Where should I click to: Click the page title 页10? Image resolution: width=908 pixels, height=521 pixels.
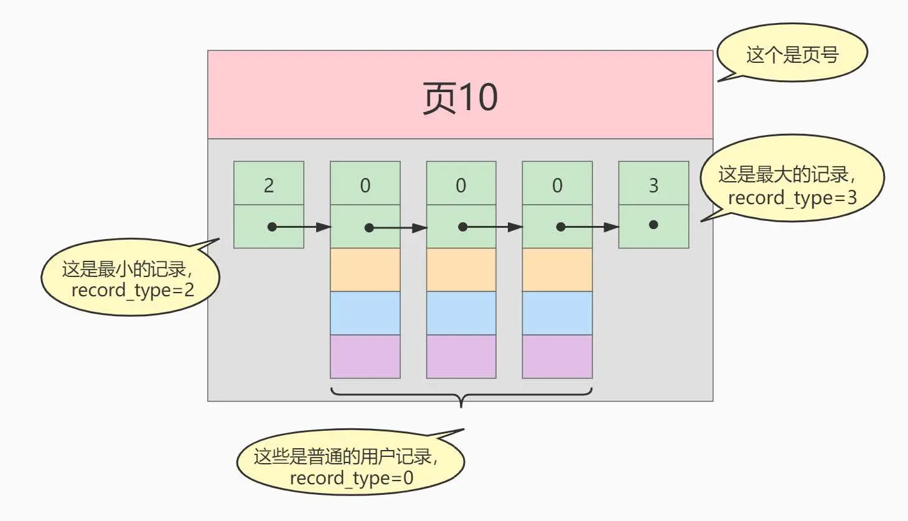pyautogui.click(x=460, y=97)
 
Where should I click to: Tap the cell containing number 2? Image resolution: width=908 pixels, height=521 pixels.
pyautogui.click(x=269, y=184)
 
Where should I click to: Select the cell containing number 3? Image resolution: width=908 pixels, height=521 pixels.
pyautogui.click(x=653, y=184)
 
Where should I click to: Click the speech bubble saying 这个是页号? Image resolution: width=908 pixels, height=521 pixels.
pyautogui.click(x=792, y=54)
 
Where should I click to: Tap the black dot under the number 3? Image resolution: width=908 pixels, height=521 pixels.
pyautogui.click(x=653, y=225)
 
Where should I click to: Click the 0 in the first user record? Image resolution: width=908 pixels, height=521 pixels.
pyautogui.click(x=365, y=185)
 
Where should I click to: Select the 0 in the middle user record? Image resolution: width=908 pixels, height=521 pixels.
pyautogui.click(x=461, y=185)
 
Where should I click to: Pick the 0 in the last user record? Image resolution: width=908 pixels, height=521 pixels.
pyautogui.click(x=557, y=185)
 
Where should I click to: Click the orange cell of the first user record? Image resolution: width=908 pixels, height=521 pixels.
pyautogui.click(x=365, y=270)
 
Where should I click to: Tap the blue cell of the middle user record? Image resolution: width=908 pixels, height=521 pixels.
pyautogui.click(x=461, y=313)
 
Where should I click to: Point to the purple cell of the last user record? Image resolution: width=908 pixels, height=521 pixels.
pyautogui.click(x=557, y=356)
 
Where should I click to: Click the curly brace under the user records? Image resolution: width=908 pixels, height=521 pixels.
pyautogui.click(x=461, y=395)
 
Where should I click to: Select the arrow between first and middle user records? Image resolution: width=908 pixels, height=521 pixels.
pyautogui.click(x=398, y=228)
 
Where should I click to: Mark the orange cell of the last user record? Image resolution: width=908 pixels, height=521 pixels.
pyautogui.click(x=557, y=270)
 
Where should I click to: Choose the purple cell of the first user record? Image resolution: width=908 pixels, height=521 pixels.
pyautogui.click(x=365, y=356)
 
